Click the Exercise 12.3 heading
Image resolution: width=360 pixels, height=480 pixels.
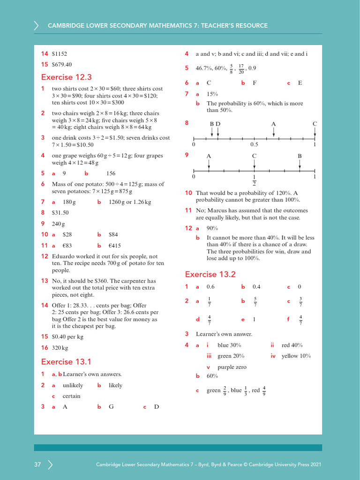[66, 77]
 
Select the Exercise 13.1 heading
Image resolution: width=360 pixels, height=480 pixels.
[66, 361]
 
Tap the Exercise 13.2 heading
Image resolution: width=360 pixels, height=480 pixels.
[210, 274]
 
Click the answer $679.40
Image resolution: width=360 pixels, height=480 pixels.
[62, 64]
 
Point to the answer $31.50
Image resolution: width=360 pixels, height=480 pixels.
[60, 212]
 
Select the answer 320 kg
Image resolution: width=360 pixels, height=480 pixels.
[60, 348]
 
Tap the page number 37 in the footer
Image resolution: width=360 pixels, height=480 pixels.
[37, 465]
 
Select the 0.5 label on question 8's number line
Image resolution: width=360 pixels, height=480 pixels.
[255, 145]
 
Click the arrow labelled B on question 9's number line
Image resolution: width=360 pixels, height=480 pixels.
[300, 164]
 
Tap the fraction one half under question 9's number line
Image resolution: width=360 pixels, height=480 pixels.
[254, 180]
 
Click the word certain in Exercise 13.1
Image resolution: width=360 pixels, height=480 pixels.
[71, 396]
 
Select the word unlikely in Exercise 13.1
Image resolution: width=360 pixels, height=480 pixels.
[73, 385]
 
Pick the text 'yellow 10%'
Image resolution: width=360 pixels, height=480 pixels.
[296, 356]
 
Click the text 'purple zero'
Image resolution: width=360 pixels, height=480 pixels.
[232, 367]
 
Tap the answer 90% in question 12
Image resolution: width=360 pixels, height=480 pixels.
[212, 228]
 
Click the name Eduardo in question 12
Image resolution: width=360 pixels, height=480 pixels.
[63, 256]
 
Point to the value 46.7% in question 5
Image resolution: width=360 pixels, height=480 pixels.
[204, 68]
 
